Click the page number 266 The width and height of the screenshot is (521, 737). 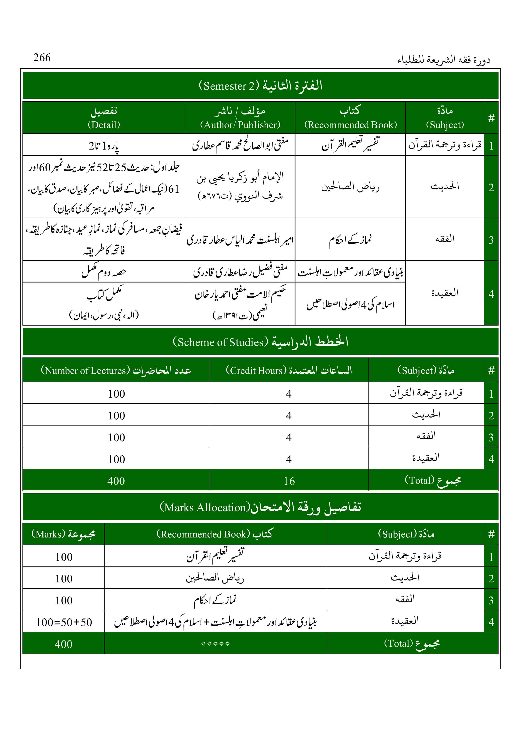click(42, 58)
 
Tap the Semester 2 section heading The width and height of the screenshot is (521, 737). click(260, 85)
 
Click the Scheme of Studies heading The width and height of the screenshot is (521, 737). click(260, 342)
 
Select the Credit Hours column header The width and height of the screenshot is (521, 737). click(289, 370)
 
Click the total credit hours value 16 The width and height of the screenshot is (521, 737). click(289, 481)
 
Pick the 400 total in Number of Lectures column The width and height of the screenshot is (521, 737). click(116, 481)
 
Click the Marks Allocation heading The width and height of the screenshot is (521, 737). click(260, 507)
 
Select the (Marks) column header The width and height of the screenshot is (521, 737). click(63, 534)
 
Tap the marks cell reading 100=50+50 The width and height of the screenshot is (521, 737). click(64, 622)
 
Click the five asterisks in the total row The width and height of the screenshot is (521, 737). click(215, 644)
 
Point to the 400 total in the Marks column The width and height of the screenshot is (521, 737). click(64, 644)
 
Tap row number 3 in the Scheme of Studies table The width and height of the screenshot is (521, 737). click(491, 437)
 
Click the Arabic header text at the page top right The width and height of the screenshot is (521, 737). click(444, 60)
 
